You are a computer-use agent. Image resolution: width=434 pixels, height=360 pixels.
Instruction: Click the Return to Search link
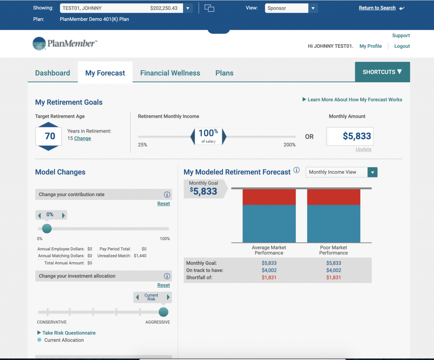click(377, 8)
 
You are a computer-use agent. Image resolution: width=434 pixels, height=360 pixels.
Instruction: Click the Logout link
click(402, 46)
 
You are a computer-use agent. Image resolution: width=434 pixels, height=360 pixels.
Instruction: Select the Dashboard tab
click(53, 73)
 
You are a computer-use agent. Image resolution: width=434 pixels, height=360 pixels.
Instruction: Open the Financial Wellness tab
click(170, 73)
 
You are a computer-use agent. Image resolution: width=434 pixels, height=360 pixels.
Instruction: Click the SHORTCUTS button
click(382, 72)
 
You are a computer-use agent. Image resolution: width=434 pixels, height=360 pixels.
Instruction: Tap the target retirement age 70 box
click(50, 136)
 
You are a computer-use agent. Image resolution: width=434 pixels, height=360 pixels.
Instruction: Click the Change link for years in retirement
click(82, 138)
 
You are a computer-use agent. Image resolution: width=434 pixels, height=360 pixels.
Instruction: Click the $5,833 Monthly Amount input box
click(350, 136)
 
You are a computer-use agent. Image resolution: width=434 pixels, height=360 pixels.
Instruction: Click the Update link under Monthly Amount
click(363, 150)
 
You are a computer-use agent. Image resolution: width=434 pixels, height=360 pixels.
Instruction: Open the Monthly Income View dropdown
click(341, 172)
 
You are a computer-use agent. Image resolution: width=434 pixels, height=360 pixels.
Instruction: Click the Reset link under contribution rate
click(163, 204)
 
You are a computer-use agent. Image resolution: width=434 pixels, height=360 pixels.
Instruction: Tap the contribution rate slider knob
click(47, 229)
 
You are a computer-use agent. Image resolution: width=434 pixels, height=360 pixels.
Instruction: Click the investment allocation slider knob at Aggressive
click(163, 312)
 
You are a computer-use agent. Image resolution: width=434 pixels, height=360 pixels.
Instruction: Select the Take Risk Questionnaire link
click(69, 333)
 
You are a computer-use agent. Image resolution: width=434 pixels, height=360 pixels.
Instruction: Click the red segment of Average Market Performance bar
click(269, 197)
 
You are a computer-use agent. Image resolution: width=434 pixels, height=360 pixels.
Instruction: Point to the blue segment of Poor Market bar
click(334, 223)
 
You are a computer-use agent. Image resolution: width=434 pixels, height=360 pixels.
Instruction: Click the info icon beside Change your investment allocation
click(167, 276)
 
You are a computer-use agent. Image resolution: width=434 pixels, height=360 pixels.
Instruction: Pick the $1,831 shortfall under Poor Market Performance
click(334, 277)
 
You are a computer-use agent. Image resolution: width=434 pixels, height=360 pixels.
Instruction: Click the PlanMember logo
click(64, 44)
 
